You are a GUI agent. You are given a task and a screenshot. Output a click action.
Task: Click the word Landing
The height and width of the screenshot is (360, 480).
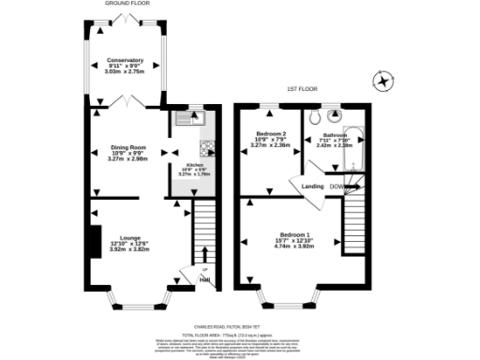click(312, 186)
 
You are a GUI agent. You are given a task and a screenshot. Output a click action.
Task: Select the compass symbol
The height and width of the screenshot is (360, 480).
click(382, 82)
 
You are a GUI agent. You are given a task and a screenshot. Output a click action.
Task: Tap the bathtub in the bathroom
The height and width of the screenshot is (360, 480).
click(358, 140)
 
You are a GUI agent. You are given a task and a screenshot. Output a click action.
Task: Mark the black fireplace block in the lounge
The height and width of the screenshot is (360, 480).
click(94, 241)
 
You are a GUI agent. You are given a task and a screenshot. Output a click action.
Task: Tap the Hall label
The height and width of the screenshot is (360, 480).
click(203, 279)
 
